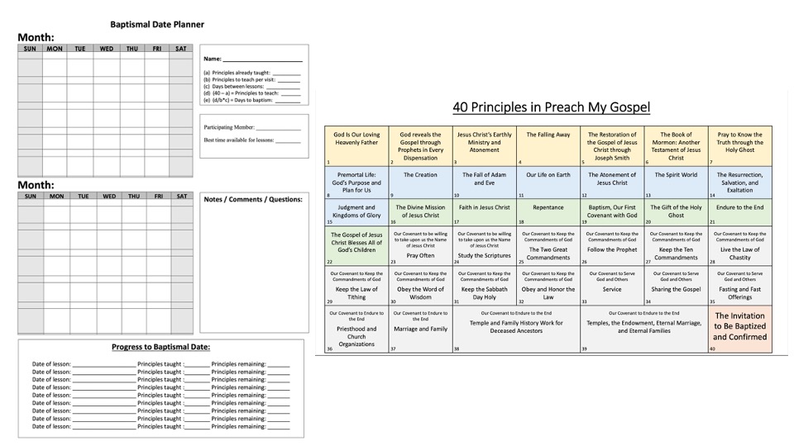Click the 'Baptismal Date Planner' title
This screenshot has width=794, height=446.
[157, 25]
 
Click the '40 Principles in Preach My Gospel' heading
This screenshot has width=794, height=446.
[551, 107]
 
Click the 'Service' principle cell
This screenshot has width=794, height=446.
[612, 290]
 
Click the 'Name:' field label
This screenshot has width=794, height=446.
[213, 59]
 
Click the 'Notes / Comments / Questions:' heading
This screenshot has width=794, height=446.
[252, 199]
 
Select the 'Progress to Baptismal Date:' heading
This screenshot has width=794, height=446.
[160, 347]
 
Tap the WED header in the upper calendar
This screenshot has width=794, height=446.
[107, 49]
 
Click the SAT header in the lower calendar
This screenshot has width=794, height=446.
[182, 197]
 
